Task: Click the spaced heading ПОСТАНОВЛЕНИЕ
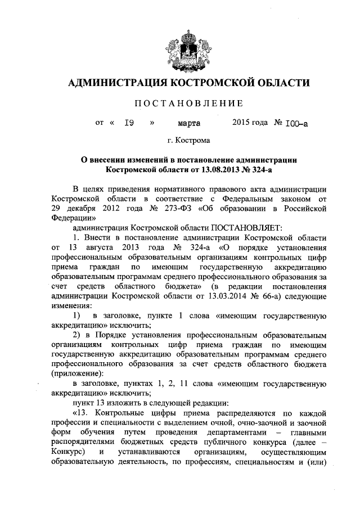click(x=188, y=103)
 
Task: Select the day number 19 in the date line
click(x=128, y=121)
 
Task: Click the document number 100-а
click(x=296, y=121)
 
